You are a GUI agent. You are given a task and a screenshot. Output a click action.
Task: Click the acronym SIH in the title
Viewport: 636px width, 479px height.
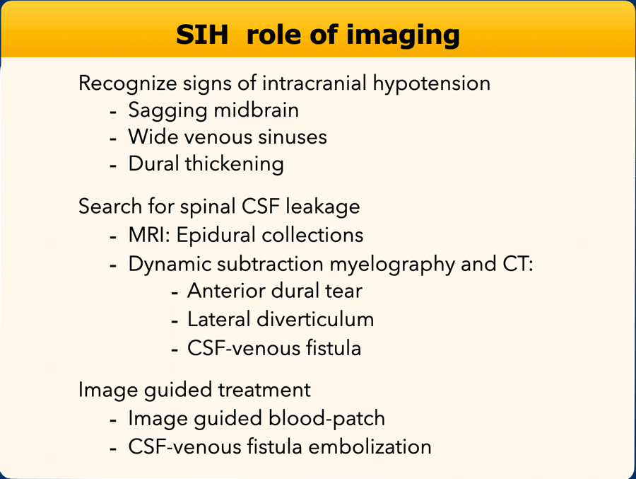click(202, 35)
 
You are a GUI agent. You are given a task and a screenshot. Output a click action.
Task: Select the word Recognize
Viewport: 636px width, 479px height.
click(127, 84)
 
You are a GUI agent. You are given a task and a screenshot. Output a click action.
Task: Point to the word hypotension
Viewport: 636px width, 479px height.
click(431, 84)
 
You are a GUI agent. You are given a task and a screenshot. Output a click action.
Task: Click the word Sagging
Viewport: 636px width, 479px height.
click(168, 111)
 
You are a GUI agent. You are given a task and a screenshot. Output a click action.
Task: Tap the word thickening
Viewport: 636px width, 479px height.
click(235, 165)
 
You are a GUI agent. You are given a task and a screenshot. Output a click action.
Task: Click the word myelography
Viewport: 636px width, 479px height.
click(392, 265)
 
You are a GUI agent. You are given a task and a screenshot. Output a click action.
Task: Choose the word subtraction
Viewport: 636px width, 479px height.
click(270, 264)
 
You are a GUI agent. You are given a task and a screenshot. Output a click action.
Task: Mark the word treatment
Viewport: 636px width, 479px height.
click(264, 390)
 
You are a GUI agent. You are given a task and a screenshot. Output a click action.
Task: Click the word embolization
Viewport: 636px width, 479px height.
click(370, 446)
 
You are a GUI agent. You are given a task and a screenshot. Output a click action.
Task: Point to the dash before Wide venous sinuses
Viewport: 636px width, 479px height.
click(113, 139)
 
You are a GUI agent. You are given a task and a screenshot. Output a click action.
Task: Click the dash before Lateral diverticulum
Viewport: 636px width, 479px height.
click(175, 321)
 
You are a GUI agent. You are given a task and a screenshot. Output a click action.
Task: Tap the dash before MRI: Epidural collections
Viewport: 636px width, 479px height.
click(113, 237)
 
